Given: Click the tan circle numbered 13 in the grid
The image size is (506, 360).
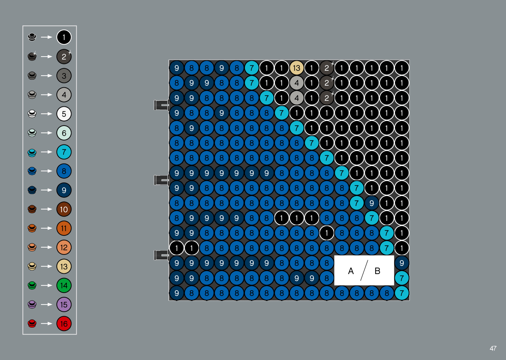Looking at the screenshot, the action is click(296, 68).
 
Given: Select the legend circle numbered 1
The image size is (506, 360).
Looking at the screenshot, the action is click(64, 37).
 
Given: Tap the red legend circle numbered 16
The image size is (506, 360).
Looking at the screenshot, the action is click(64, 324).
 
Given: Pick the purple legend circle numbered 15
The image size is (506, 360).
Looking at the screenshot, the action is click(64, 304).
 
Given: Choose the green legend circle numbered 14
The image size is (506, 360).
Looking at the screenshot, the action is click(64, 285).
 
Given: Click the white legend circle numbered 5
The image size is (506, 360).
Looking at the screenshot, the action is click(64, 114).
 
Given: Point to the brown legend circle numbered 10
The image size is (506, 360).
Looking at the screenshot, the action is click(64, 209).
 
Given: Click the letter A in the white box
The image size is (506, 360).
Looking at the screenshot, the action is click(351, 271).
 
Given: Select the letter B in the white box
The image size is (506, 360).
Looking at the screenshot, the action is click(377, 271).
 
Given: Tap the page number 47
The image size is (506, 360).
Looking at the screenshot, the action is click(493, 348).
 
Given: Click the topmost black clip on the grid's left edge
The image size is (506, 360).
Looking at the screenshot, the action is click(161, 105).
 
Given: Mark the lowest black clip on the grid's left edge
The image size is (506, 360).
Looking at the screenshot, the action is click(161, 255).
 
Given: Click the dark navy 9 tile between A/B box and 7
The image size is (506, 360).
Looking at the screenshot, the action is click(402, 263).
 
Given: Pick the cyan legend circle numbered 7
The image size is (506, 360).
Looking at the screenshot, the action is click(64, 152).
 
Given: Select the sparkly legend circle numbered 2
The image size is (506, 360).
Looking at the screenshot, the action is click(64, 57).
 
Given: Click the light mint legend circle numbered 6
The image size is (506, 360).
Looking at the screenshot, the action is click(64, 133).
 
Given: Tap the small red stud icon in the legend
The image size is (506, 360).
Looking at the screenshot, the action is click(32, 323).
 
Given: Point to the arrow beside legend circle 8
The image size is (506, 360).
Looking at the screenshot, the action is click(47, 171).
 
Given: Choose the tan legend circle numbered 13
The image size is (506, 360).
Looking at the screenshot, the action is click(64, 266).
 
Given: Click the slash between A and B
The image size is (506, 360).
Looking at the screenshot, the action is click(364, 270).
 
